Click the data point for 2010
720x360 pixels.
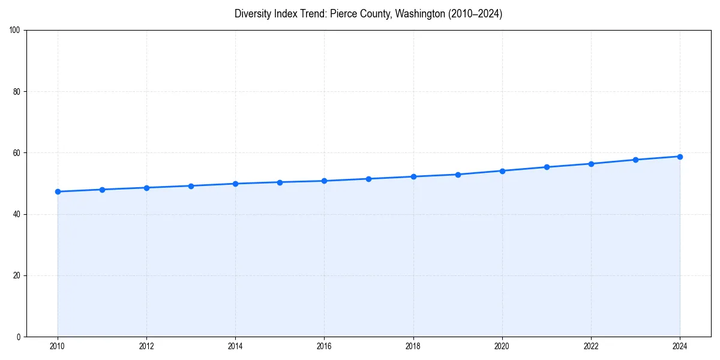[x=58, y=191]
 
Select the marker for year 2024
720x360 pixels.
[x=680, y=157]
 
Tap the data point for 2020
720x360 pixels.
[x=502, y=171]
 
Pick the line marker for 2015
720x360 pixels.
[x=280, y=182]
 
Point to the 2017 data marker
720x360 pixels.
[x=368, y=179]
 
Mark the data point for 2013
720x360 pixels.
[x=191, y=186]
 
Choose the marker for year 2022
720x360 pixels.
[x=591, y=164]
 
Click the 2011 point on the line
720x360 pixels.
[x=102, y=190]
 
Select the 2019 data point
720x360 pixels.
[x=458, y=175]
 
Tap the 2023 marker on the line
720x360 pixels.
[x=635, y=160]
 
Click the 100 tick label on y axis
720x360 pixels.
[x=15, y=31]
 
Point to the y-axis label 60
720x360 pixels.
[x=17, y=153]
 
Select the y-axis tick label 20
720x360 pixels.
[x=17, y=275]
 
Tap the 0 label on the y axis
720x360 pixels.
[x=19, y=337]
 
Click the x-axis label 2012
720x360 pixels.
[x=146, y=346]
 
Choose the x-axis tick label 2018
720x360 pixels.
[x=413, y=346]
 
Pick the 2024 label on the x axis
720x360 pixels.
[x=680, y=346]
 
